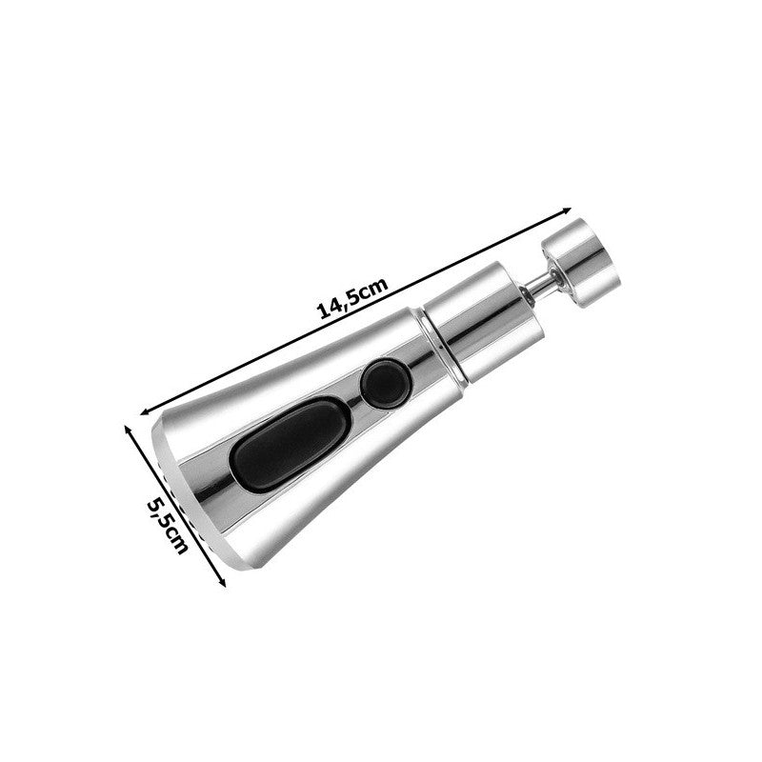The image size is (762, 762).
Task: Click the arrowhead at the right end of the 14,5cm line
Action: [565, 211]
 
